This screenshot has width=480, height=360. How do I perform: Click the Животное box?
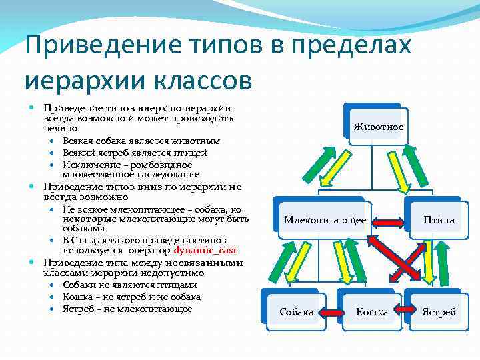[377, 125]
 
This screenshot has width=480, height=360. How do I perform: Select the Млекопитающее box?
[325, 219]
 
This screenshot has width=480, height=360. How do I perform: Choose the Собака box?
[295, 311]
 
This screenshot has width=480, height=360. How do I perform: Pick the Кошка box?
[371, 311]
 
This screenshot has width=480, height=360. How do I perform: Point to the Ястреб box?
[438, 311]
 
